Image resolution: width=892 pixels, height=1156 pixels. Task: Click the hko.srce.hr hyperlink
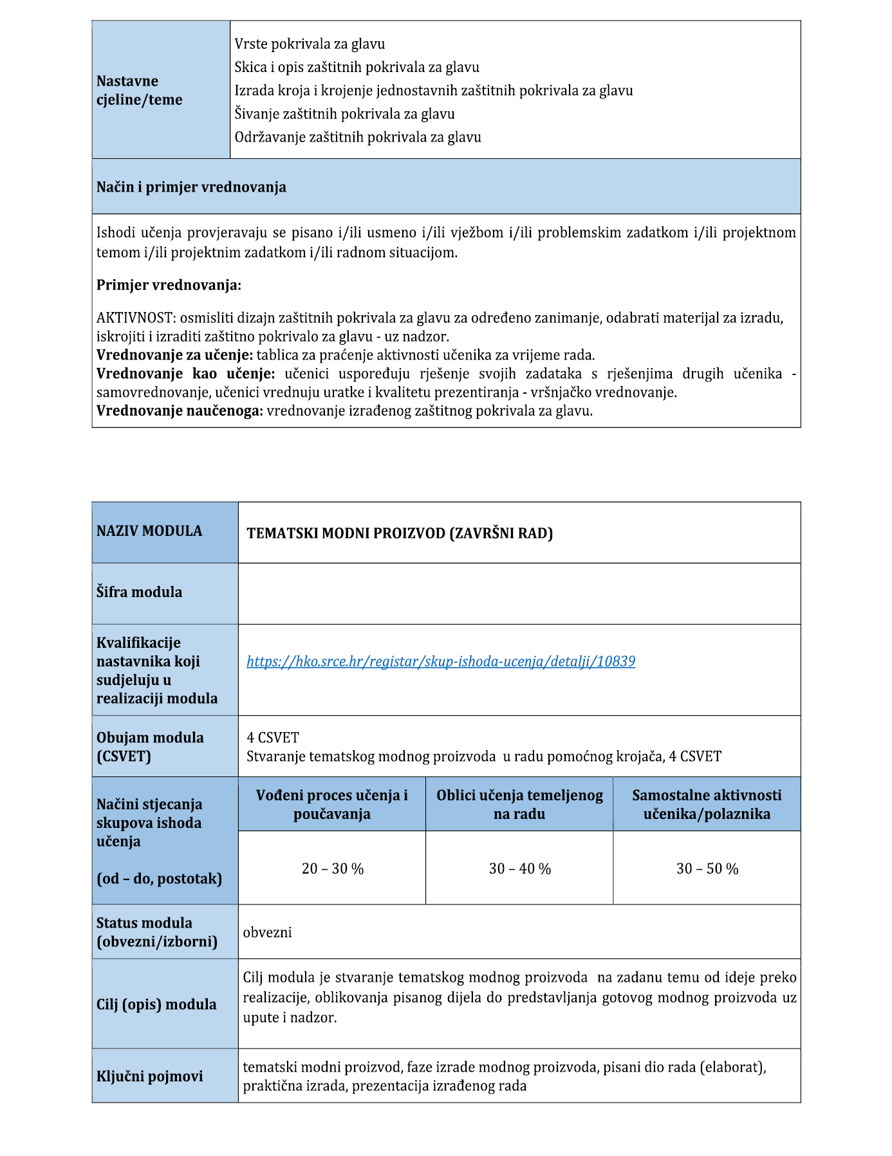pos(441,661)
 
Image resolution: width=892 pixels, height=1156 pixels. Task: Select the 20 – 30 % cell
pos(333,868)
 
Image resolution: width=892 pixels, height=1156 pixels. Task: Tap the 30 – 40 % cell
pos(520,868)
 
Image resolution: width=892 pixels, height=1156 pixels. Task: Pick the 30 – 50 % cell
pos(707,868)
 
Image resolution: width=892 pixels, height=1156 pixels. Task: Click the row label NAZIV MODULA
pos(149,531)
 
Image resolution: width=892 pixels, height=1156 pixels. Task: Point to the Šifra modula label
pos(140,592)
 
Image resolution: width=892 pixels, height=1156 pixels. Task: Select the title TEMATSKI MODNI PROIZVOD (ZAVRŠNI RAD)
pos(400,533)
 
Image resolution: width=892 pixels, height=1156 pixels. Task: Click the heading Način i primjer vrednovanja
pos(191,187)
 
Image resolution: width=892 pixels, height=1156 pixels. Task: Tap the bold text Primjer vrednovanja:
pos(169,285)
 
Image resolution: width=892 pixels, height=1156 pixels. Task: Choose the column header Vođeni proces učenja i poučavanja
pos(332,804)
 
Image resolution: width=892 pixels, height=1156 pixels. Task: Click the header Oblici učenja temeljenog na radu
pos(519,804)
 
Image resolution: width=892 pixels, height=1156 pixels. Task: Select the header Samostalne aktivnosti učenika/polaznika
pos(707,804)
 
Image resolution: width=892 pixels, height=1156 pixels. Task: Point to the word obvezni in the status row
pos(268,932)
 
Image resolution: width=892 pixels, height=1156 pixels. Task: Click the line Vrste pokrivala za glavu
pos(310,44)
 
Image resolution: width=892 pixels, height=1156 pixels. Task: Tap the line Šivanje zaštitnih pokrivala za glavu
pos(344,114)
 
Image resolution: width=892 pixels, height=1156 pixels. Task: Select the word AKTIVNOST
pos(135,318)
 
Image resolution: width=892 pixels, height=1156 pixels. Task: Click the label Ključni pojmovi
pos(149,1076)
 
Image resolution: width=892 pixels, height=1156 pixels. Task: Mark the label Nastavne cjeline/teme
pos(140,90)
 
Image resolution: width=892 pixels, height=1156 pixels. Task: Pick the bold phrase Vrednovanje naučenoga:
pos(180,410)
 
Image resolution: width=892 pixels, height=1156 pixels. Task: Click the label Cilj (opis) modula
pos(156,1004)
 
